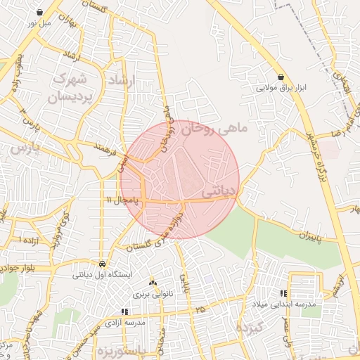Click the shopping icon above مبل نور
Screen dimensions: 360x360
tap(40, 12)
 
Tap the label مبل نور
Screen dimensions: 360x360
tap(40, 22)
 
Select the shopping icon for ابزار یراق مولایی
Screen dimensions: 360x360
tap(281, 77)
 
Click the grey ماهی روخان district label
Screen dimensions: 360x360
tap(214, 129)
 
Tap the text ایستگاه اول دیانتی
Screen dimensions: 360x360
tap(103, 274)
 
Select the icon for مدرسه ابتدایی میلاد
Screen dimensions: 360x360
tap(283, 293)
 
